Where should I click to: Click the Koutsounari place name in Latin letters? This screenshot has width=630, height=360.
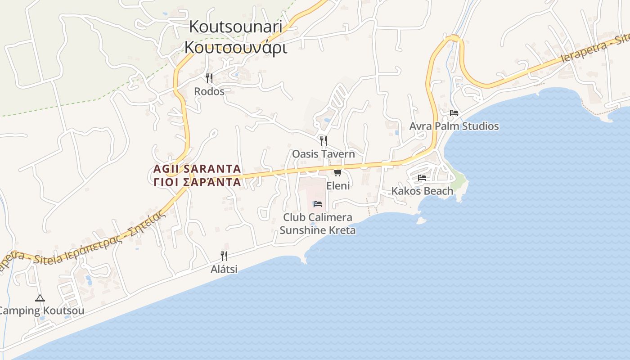point(235,26)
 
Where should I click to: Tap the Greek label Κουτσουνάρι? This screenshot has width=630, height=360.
point(235,47)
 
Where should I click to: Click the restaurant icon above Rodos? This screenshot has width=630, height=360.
point(209,78)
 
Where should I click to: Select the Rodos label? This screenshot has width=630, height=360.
point(209,91)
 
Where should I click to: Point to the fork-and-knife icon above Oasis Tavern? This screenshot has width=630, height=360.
point(323,140)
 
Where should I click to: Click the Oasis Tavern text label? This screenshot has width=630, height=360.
point(324,154)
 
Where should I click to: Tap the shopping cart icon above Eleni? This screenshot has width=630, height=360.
point(338,172)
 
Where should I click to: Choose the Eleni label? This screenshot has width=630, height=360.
point(338,185)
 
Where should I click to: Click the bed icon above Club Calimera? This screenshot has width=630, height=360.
point(318,204)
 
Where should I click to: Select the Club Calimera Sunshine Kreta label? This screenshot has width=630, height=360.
point(318,224)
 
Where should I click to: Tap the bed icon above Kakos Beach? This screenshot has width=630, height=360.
point(422,178)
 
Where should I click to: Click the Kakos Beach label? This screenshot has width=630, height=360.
point(422,191)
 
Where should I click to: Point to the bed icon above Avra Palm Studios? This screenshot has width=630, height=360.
point(454,113)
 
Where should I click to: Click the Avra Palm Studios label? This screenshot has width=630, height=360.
point(454,126)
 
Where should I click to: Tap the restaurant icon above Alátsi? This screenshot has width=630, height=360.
point(224,256)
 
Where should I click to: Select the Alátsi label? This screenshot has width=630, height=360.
point(224,270)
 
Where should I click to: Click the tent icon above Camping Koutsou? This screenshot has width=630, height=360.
point(40,298)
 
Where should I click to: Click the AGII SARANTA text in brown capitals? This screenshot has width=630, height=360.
point(197,169)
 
